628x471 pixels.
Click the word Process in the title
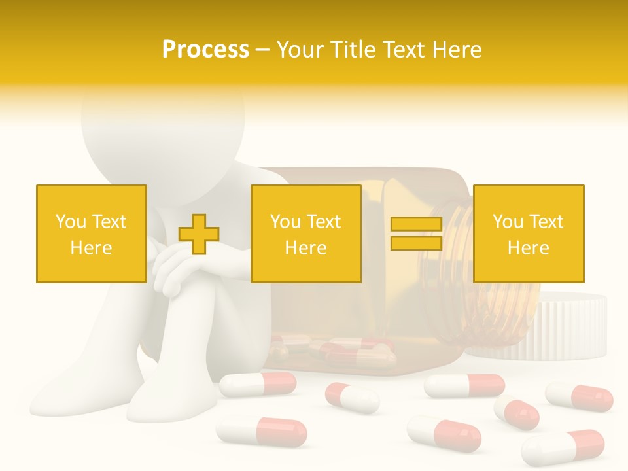pyautogui.click(x=205, y=50)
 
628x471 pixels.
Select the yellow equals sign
pyautogui.click(x=416, y=234)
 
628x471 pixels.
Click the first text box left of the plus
pyautogui.click(x=91, y=234)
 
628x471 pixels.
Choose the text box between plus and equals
pyautogui.click(x=305, y=234)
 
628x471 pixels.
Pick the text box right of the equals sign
pyautogui.click(x=528, y=234)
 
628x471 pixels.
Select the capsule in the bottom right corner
pyautogui.click(x=563, y=447)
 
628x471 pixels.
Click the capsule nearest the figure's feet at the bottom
pyautogui.click(x=262, y=432)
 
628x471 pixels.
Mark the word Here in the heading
pyautogui.click(x=456, y=50)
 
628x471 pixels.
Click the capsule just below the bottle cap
pyautogui.click(x=580, y=396)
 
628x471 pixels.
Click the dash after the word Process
pyautogui.click(x=263, y=50)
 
